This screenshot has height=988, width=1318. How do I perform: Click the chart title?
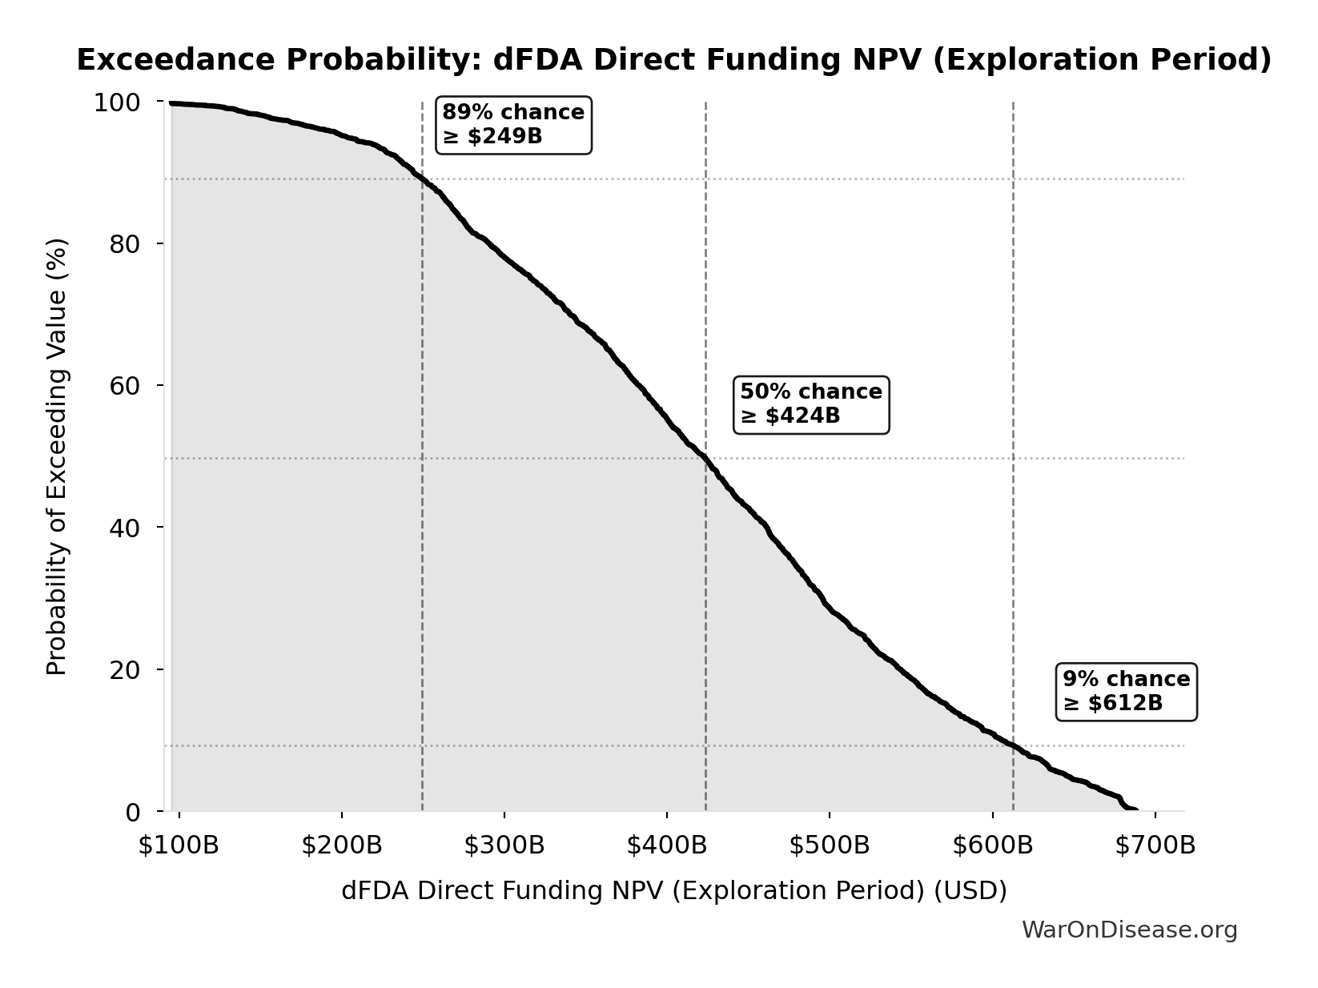pos(673,60)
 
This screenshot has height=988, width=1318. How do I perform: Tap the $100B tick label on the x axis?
pos(179,845)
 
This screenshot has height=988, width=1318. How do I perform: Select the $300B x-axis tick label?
pos(504,845)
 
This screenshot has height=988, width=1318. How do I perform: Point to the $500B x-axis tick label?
pos(830,845)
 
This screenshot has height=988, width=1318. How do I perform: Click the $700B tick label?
pos(1155,845)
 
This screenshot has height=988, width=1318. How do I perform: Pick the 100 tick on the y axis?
pos(117,102)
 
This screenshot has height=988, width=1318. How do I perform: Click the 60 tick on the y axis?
pos(125,386)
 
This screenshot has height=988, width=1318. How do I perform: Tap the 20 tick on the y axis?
pos(125,669)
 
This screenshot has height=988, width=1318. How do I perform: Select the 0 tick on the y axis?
pos(133,812)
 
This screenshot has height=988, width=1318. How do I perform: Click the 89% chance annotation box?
pos(513,125)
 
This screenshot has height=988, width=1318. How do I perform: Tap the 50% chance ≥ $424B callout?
pos(811,404)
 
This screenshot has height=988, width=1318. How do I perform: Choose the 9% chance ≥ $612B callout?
pos(1127,692)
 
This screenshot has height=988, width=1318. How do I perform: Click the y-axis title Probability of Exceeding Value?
pos(57,456)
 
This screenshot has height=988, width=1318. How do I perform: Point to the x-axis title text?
pos(673,890)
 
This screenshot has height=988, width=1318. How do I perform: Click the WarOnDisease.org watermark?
pos(1129,930)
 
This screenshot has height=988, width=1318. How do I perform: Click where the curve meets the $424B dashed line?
pos(705,458)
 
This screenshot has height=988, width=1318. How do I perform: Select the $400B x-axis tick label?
pos(666,845)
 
